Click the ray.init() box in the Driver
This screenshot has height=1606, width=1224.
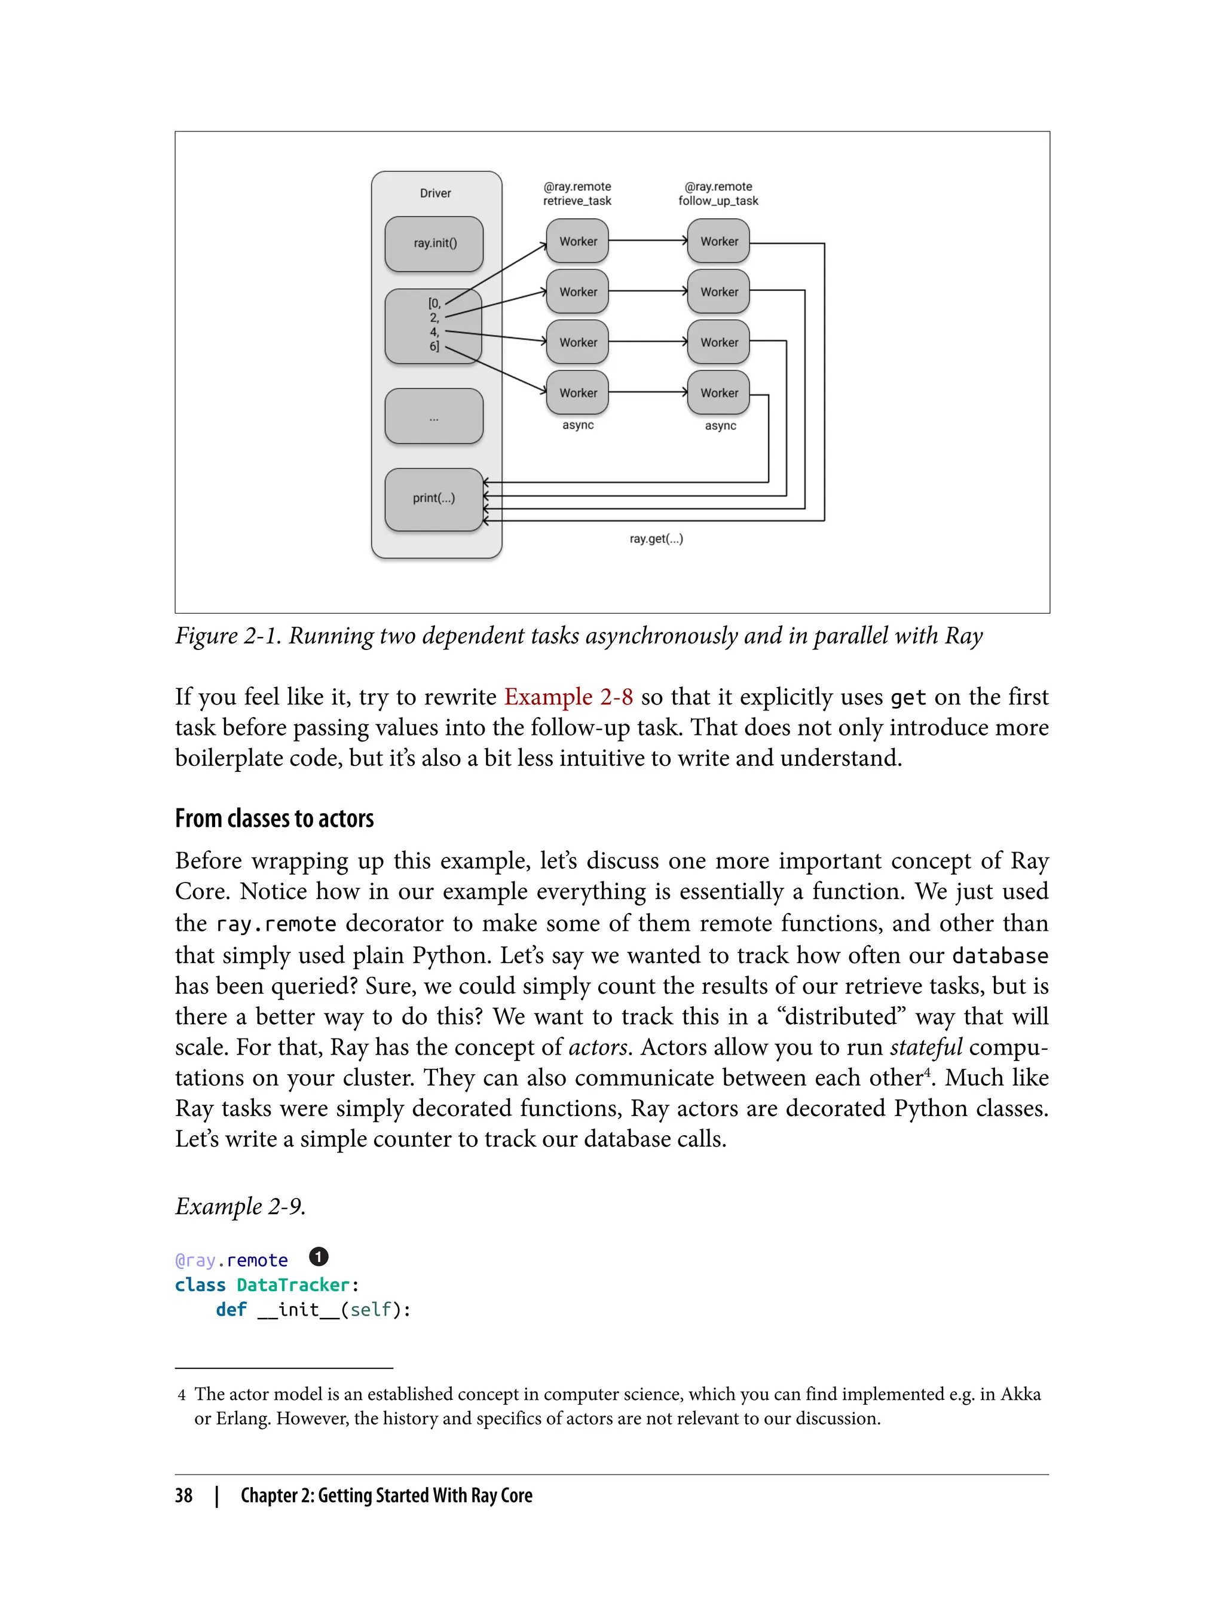pyautogui.click(x=434, y=243)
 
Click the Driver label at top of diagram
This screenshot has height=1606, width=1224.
pyautogui.click(x=435, y=193)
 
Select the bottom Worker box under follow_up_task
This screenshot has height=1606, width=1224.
pyautogui.click(x=718, y=393)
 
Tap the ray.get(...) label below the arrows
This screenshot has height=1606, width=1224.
pyautogui.click(x=656, y=539)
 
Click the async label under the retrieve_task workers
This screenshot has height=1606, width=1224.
pyautogui.click(x=578, y=425)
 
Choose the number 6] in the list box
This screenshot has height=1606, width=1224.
pyautogui.click(x=434, y=347)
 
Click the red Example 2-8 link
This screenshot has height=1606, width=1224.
pyautogui.click(x=568, y=697)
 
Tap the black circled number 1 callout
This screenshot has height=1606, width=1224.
pyautogui.click(x=319, y=1257)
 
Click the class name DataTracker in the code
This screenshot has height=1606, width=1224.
pyautogui.click(x=293, y=1285)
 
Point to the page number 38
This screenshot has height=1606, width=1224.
pyautogui.click(x=183, y=1495)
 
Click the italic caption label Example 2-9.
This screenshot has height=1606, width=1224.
pyautogui.click(x=240, y=1206)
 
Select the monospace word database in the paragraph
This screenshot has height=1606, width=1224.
pyautogui.click(x=1000, y=955)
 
